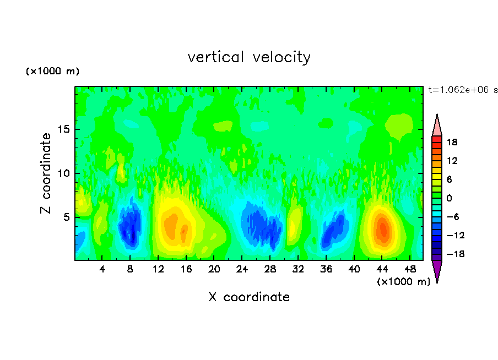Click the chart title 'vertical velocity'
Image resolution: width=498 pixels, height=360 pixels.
point(249,57)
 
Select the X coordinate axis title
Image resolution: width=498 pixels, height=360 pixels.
point(249,297)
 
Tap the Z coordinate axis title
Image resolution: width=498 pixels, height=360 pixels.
point(46,173)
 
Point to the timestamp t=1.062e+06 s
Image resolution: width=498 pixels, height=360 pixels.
point(463,90)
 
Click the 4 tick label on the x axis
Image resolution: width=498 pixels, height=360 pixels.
point(102,269)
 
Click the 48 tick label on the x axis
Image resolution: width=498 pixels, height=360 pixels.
point(410,269)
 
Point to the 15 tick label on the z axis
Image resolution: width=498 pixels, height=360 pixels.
point(64,130)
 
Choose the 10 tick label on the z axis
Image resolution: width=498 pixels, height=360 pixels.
point(64,173)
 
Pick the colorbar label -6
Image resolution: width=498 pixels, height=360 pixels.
point(451,217)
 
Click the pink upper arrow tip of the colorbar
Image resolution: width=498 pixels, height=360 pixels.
point(437,125)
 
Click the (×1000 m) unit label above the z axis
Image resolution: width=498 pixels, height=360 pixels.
point(53,72)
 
